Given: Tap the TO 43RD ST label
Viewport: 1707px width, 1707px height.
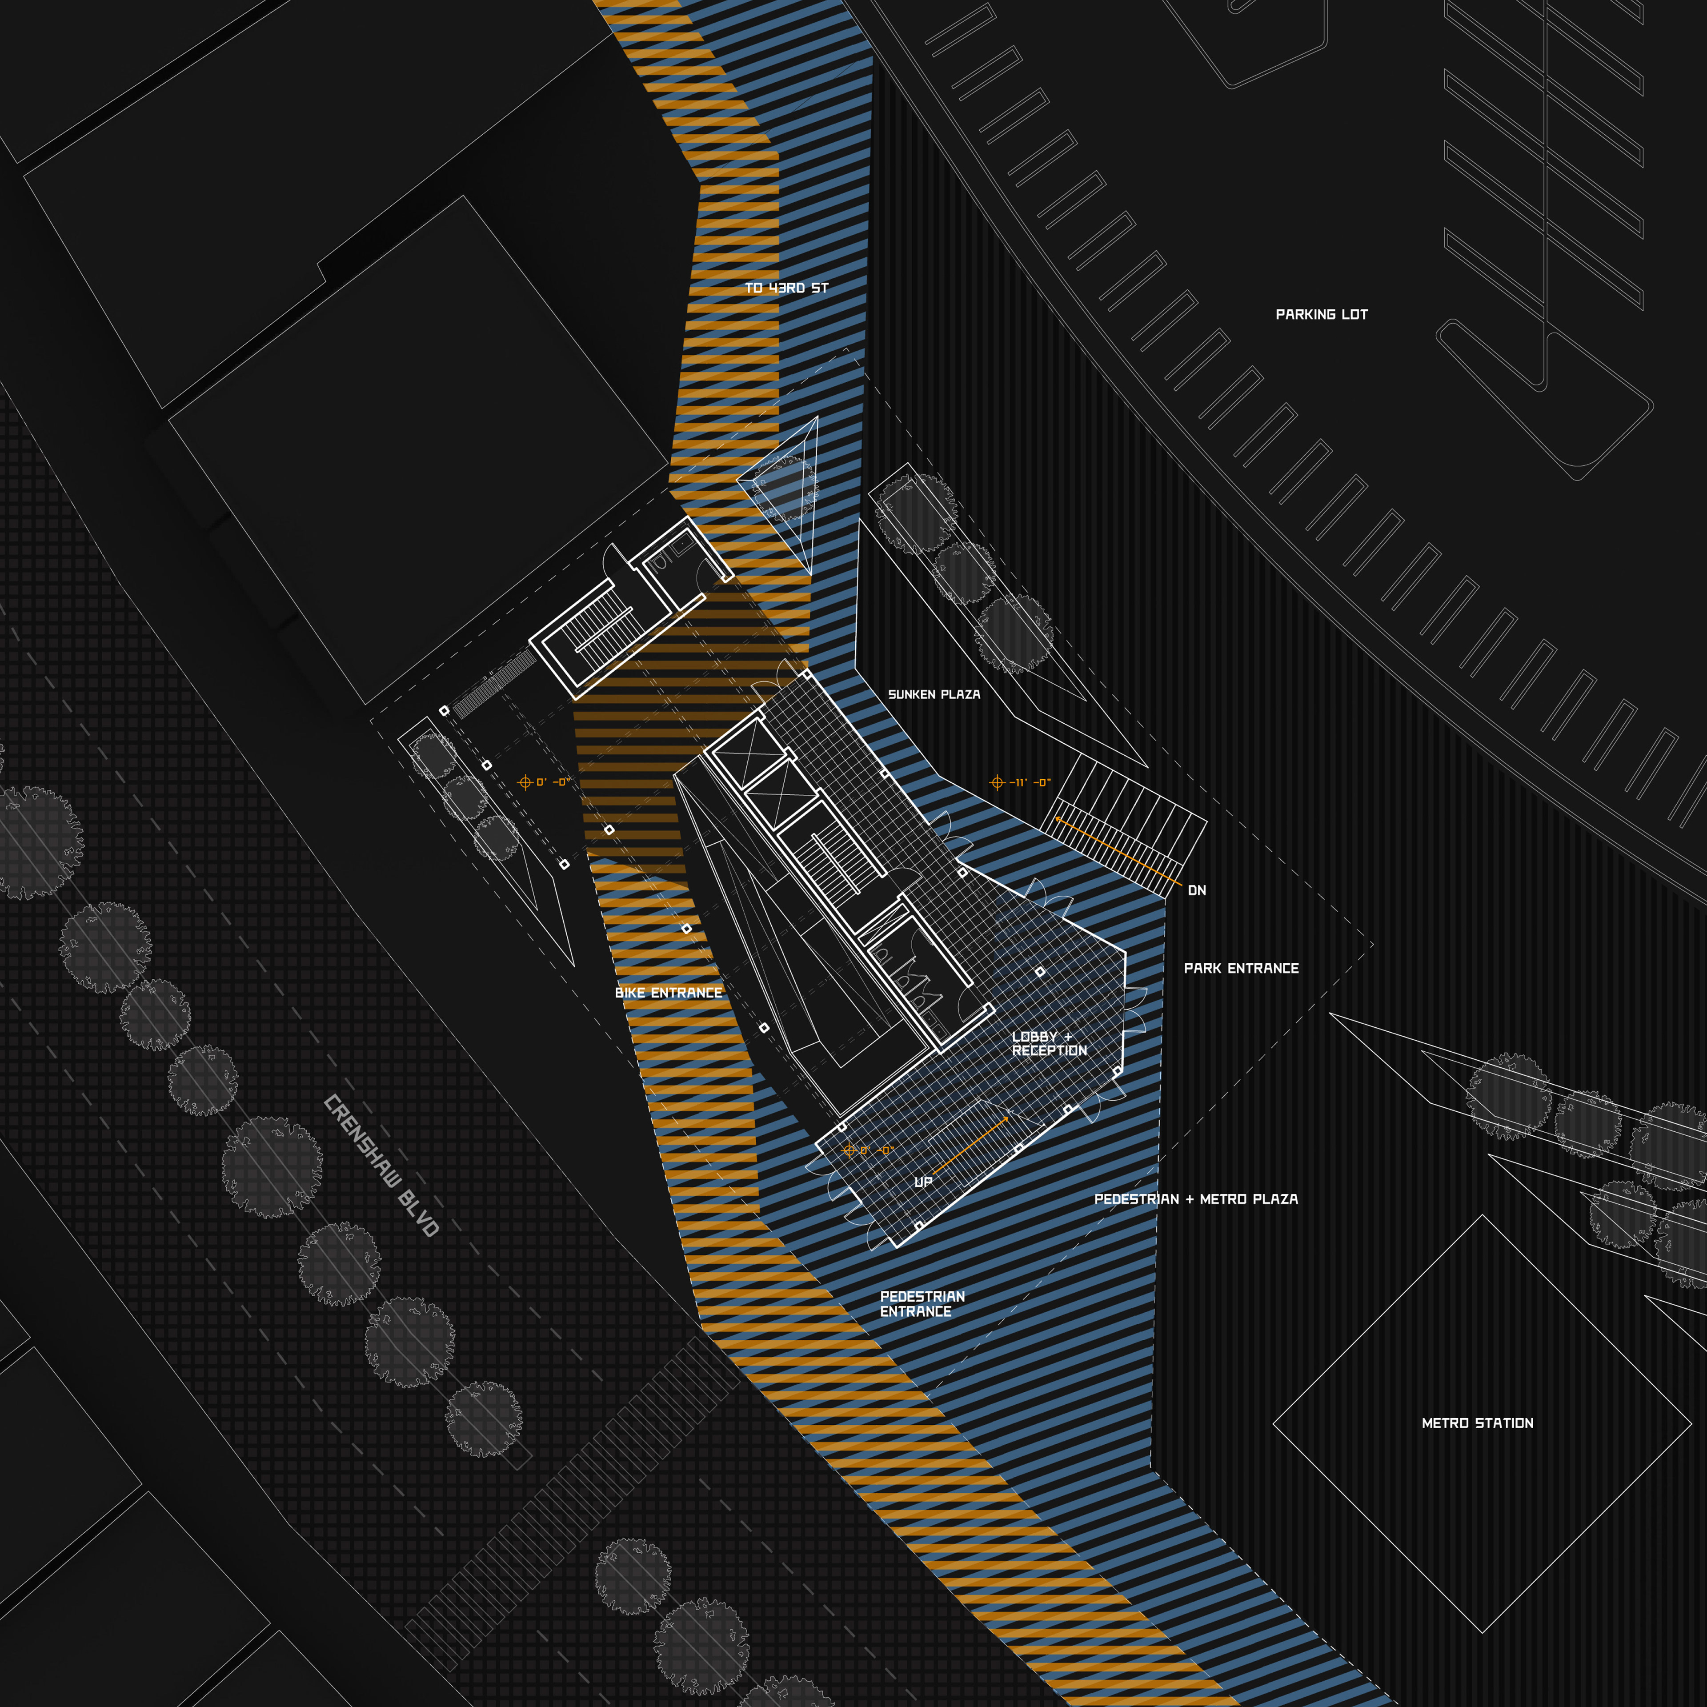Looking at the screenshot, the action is pyautogui.click(x=786, y=288).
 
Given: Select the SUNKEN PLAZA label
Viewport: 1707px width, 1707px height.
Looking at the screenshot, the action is pyautogui.click(x=934, y=694).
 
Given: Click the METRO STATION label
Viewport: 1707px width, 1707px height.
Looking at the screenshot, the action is pyautogui.click(x=1477, y=1423).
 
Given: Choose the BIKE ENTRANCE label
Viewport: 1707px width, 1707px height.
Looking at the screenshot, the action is pyautogui.click(x=668, y=993).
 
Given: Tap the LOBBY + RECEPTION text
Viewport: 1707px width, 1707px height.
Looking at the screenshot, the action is pyautogui.click(x=1049, y=1043).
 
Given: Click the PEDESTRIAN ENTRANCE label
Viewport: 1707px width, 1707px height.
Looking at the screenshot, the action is pyautogui.click(x=922, y=1304).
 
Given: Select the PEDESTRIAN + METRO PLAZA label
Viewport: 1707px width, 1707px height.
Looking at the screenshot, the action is pyautogui.click(x=1195, y=1199).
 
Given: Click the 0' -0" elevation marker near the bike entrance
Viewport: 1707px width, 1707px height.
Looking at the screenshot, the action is pyautogui.click(x=544, y=782).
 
